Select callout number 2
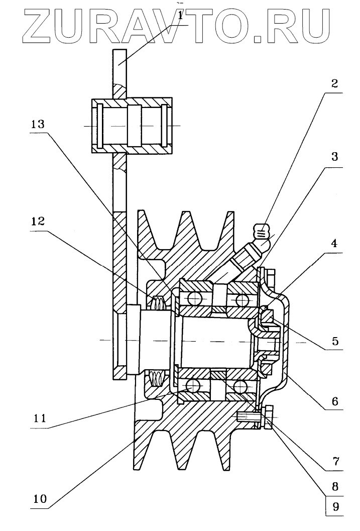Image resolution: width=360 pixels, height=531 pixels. (334, 83)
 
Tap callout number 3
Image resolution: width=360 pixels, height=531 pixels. (334, 157)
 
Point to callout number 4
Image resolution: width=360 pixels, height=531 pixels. (334, 243)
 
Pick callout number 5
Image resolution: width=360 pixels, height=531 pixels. (335, 341)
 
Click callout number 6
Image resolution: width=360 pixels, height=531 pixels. (335, 401)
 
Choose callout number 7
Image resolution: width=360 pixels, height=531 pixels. (335, 461)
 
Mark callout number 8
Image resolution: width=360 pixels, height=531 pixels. (335, 487)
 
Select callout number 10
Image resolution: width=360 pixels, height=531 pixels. (40, 499)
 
